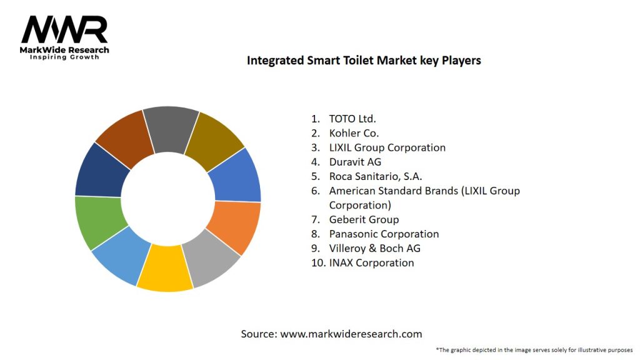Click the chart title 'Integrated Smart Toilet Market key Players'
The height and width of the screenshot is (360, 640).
tap(364, 61)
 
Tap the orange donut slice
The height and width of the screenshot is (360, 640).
tap(235, 226)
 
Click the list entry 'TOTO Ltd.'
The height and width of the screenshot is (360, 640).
tap(352, 119)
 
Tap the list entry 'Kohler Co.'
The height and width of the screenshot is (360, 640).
tap(354, 133)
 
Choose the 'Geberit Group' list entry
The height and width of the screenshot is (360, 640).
tap(364, 219)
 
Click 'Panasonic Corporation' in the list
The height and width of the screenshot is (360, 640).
tap(384, 234)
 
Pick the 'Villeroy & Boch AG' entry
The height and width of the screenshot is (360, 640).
tap(374, 248)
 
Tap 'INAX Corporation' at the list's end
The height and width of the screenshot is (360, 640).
tap(371, 262)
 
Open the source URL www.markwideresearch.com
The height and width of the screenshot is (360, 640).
tap(351, 334)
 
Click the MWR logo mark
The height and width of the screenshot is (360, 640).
tap(64, 29)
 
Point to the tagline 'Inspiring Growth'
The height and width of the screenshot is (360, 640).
tap(64, 57)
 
